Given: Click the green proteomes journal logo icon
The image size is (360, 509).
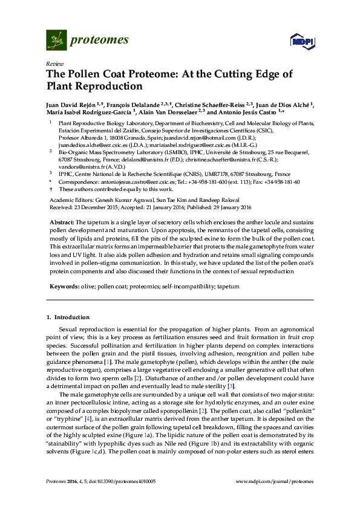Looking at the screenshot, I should [x=56, y=41].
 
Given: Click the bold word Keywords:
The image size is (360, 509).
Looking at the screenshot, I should [x=63, y=286].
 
